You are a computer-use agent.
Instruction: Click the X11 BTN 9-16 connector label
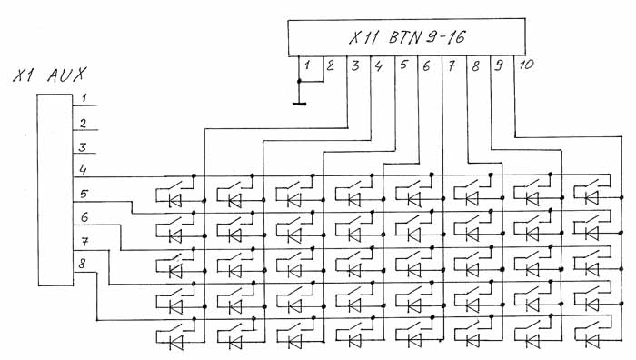[407, 38]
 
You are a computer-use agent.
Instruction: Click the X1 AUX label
[49, 75]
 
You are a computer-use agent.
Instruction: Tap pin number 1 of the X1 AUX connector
[84, 98]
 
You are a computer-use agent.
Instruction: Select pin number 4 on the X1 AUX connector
[84, 169]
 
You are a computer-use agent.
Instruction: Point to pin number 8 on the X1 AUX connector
[82, 264]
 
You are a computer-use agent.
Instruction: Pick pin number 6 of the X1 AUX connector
[84, 217]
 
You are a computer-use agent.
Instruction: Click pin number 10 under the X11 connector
[526, 65]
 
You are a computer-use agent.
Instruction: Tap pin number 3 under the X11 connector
[355, 65]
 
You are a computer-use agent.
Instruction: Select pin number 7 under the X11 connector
[452, 65]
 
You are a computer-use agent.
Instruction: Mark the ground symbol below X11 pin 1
[299, 104]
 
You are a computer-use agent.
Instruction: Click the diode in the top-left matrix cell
[174, 201]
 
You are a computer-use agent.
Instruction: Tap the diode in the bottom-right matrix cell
[592, 340]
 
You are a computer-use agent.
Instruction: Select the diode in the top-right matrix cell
[591, 197]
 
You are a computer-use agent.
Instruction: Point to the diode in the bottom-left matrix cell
[175, 342]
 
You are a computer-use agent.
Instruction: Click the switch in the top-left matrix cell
[178, 186]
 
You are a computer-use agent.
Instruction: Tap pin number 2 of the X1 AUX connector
[84, 123]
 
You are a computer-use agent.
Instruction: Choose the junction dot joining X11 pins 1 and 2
[299, 82]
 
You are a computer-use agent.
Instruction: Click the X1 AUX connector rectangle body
[55, 190]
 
